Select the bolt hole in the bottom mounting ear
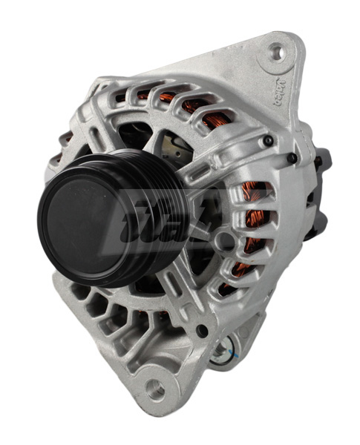154,388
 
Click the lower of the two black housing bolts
295,157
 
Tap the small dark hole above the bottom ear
201,331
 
